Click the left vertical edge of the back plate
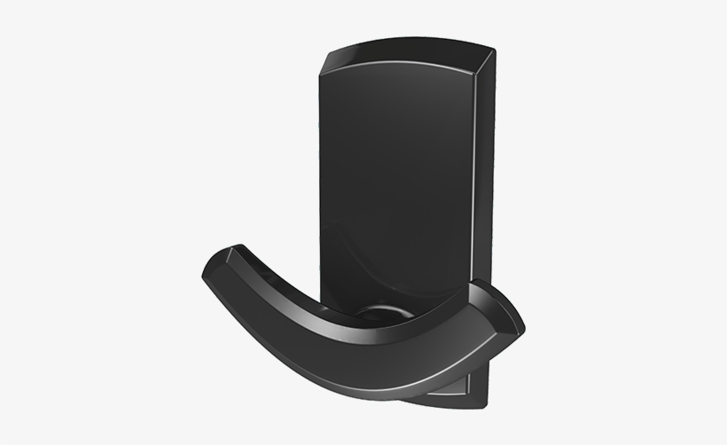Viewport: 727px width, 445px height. pos(322,177)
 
